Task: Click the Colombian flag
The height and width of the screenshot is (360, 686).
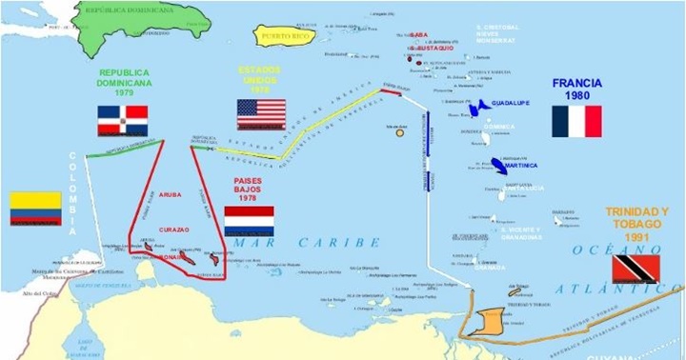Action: pyautogui.click(x=35, y=209)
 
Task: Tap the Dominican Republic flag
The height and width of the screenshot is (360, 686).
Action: pyautogui.click(x=122, y=121)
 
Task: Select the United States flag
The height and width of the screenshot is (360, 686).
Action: pyautogui.click(x=261, y=114)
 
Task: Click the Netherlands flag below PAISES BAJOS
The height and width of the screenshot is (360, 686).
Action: pyautogui.click(x=249, y=221)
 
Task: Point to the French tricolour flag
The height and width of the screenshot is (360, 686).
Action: pyautogui.click(x=576, y=121)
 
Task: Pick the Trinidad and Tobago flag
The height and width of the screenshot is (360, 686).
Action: pyautogui.click(x=636, y=269)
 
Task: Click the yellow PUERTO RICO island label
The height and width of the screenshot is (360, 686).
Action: pyautogui.click(x=284, y=37)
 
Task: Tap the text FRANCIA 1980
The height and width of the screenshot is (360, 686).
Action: pyautogui.click(x=576, y=89)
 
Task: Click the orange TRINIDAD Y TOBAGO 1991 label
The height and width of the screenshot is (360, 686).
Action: pyautogui.click(x=637, y=224)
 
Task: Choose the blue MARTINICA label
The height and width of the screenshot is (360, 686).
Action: pyautogui.click(x=521, y=165)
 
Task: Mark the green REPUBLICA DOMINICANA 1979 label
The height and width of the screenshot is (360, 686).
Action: pyautogui.click(x=124, y=84)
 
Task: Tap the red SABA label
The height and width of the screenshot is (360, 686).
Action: pyautogui.click(x=419, y=35)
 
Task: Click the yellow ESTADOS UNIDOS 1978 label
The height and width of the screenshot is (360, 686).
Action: pyautogui.click(x=259, y=80)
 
